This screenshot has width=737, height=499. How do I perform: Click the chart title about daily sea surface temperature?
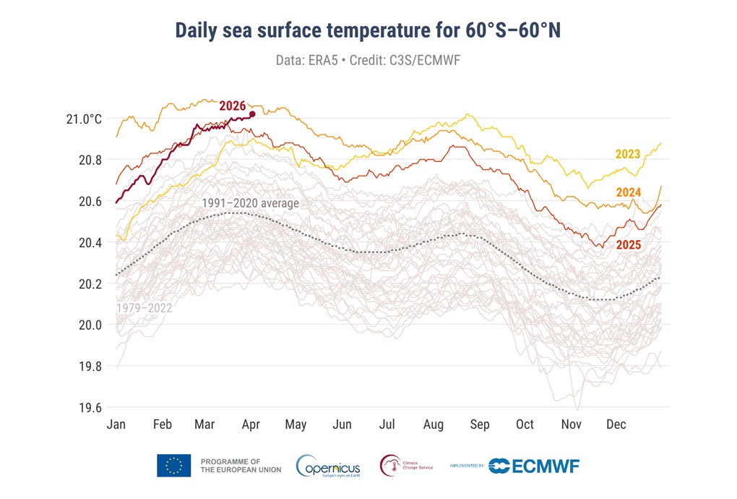[368, 31]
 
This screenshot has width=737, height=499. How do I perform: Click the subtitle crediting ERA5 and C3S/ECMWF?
[368, 60]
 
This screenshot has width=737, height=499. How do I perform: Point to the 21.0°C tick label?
[79, 119]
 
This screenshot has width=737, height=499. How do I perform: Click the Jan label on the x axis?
[116, 425]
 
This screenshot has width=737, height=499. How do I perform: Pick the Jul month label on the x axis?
[388, 425]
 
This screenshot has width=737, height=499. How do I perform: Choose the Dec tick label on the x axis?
[616, 425]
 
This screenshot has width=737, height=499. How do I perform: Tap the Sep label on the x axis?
[480, 425]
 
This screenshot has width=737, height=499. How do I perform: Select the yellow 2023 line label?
[628, 154]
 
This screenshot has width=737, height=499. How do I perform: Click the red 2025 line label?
[629, 246]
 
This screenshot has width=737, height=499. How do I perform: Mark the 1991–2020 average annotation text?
[250, 203]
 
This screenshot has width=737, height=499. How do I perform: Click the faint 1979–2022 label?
[145, 308]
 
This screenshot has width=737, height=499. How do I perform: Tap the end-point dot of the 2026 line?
[252, 114]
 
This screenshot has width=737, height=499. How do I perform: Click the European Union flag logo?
[173, 466]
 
